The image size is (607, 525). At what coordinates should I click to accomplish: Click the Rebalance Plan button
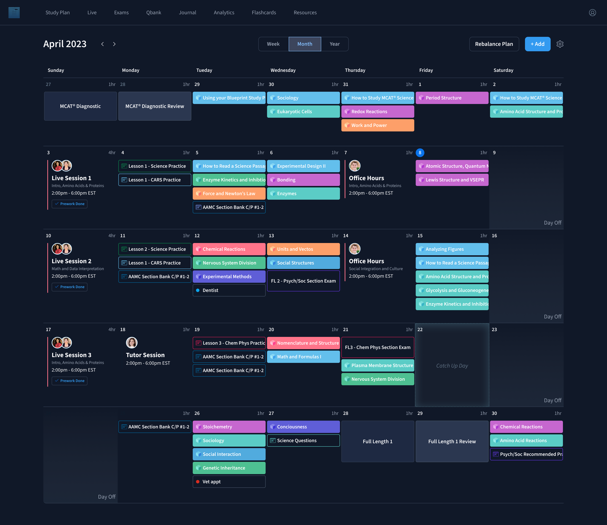click(x=494, y=44)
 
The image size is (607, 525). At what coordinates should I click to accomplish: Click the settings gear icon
click(x=560, y=44)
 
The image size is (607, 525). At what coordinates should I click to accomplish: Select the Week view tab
click(x=273, y=44)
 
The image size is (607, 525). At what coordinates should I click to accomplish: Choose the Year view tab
click(x=334, y=44)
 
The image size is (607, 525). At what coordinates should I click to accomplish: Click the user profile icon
click(x=592, y=13)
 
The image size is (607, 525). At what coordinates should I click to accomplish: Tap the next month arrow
click(x=114, y=44)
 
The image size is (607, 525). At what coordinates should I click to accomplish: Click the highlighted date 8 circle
click(x=420, y=153)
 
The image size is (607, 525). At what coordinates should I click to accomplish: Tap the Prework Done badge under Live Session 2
click(x=70, y=287)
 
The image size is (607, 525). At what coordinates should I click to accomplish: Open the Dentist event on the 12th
click(x=229, y=290)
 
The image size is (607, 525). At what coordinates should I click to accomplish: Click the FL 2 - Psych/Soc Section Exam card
click(x=303, y=281)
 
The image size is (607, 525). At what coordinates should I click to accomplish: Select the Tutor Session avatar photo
click(x=132, y=342)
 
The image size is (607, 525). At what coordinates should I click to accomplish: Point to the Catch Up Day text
click(x=452, y=366)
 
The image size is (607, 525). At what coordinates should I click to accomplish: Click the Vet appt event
click(x=229, y=482)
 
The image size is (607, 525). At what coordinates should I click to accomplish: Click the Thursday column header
click(x=355, y=70)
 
